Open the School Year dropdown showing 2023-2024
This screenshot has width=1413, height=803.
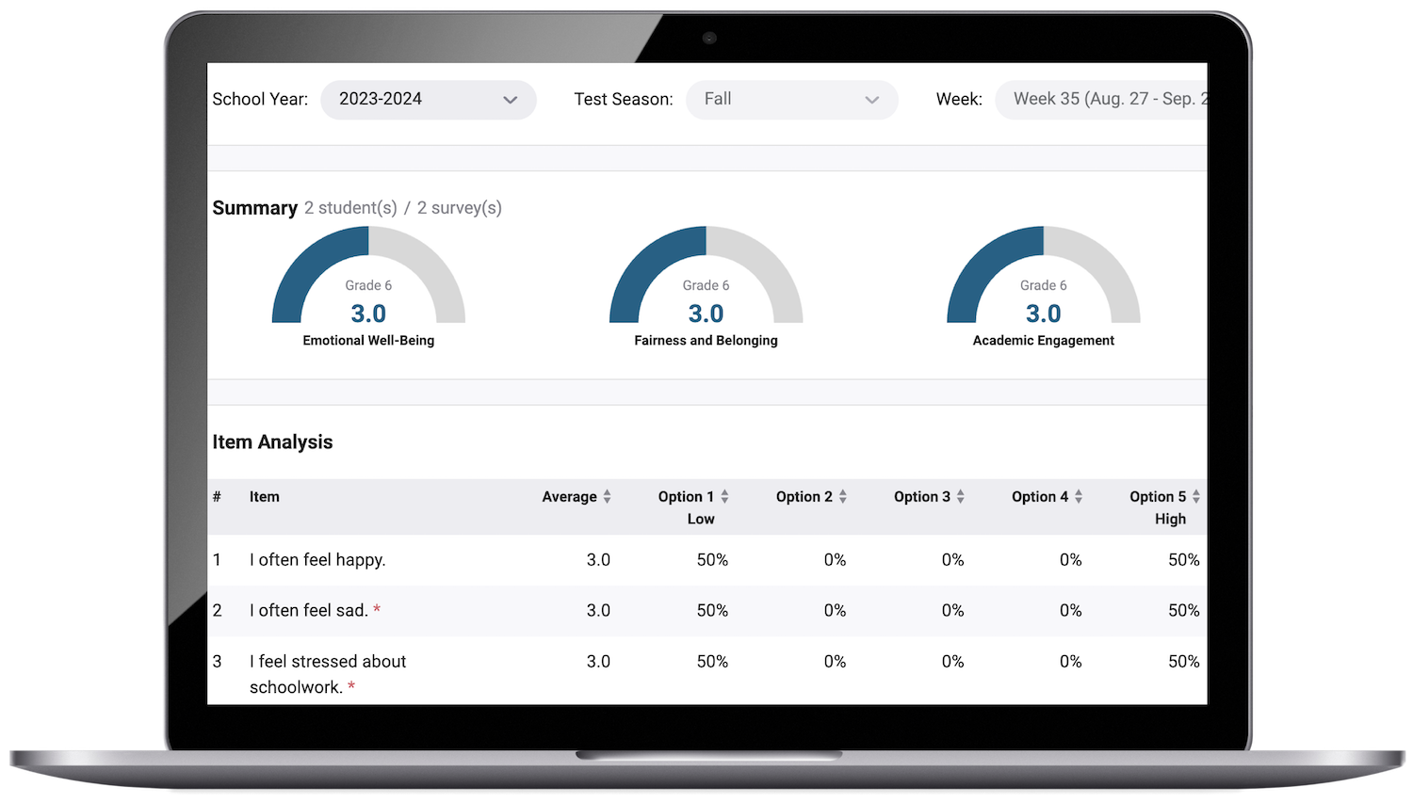point(428,100)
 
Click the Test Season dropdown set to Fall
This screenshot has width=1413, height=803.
point(791,100)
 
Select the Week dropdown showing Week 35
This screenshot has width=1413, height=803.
point(1100,100)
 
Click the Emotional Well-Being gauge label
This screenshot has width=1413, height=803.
point(368,341)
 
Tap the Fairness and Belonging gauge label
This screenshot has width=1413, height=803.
point(706,341)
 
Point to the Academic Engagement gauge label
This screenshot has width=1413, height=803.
point(1043,341)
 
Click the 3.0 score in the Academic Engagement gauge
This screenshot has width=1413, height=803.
point(1043,313)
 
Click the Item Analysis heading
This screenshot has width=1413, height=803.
point(272,442)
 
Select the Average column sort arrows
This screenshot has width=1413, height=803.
point(608,496)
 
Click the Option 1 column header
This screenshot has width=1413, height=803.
point(686,497)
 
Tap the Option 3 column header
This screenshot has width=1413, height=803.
point(921,497)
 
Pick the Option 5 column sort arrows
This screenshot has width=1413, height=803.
point(1196,496)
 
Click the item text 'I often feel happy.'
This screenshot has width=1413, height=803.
point(317,560)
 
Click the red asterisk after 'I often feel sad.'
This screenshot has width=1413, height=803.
point(377,610)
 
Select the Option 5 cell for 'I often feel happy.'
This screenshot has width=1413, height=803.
point(1183,560)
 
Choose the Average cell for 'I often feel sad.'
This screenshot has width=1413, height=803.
point(598,611)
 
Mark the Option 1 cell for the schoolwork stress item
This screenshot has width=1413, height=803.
point(712,662)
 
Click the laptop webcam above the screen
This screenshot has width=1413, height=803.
point(709,39)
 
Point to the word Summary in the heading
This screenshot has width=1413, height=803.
point(254,208)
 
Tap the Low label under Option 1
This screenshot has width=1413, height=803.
point(701,519)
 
